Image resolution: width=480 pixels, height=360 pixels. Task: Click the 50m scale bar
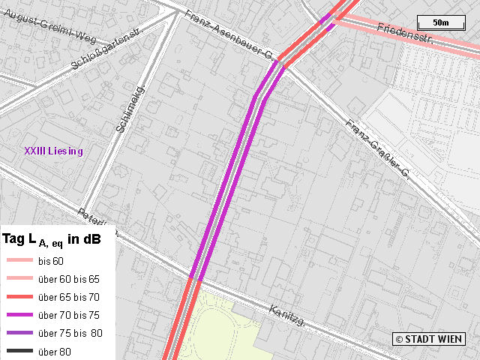[x=440, y=22]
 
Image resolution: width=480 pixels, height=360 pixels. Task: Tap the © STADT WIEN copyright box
[x=429, y=339]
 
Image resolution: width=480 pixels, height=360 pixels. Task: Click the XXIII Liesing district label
[x=53, y=151]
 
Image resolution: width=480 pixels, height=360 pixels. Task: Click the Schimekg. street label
[x=129, y=109]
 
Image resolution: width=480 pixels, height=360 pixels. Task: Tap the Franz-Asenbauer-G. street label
[x=231, y=34]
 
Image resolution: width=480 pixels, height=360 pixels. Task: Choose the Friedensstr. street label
[x=406, y=35]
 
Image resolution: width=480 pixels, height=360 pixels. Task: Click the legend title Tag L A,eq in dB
[x=52, y=240]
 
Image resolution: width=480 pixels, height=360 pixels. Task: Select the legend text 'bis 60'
[x=51, y=260]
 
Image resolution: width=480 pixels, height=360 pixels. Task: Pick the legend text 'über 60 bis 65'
[x=67, y=278]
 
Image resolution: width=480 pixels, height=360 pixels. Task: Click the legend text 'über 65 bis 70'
[x=67, y=297]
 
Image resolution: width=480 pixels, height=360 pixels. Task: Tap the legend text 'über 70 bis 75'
[x=67, y=315]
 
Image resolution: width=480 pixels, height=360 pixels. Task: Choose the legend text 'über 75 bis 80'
[x=69, y=333]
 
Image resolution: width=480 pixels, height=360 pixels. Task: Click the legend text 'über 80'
[x=54, y=351]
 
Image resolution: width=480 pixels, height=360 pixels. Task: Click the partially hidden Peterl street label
[x=97, y=217]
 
